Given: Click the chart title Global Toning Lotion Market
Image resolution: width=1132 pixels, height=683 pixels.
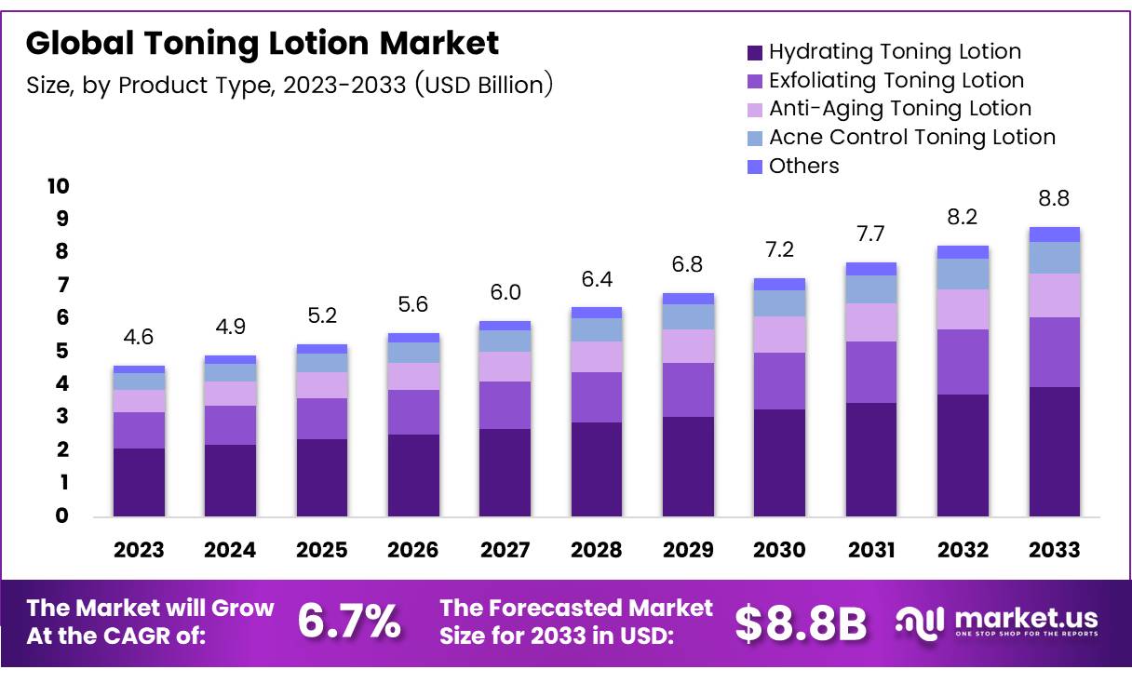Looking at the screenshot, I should [263, 43].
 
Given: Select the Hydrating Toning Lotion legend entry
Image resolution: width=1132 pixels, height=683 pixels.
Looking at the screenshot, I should [894, 52].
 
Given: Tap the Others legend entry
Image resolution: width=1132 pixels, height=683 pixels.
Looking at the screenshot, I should [803, 167].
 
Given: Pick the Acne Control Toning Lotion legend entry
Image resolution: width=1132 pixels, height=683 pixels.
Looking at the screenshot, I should [911, 138].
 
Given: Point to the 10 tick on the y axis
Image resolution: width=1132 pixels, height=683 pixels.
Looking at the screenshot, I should [58, 186].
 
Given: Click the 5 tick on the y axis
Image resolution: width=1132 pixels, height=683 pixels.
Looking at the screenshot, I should [62, 351].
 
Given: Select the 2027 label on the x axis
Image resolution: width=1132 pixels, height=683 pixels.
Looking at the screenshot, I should [505, 550].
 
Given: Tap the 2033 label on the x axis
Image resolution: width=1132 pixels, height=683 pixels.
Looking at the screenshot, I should [1055, 550].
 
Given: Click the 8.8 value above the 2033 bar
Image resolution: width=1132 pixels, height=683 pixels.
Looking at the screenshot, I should [1055, 199].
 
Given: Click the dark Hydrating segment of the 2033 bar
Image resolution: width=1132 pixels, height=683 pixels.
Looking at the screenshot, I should [1055, 451].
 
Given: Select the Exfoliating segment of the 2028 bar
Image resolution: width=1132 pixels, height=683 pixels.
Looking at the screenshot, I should [597, 397].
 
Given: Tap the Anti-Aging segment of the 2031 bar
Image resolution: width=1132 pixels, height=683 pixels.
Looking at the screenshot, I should [870, 322].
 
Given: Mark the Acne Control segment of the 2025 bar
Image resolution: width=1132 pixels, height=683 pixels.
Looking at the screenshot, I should [321, 363].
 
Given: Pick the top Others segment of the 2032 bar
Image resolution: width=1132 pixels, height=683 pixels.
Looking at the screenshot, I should [963, 252].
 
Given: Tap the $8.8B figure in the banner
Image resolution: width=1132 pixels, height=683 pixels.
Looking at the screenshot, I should [801, 623].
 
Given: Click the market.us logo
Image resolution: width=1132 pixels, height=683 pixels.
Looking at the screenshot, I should [996, 622].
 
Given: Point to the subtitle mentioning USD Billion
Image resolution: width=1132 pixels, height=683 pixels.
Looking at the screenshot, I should [290, 86].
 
